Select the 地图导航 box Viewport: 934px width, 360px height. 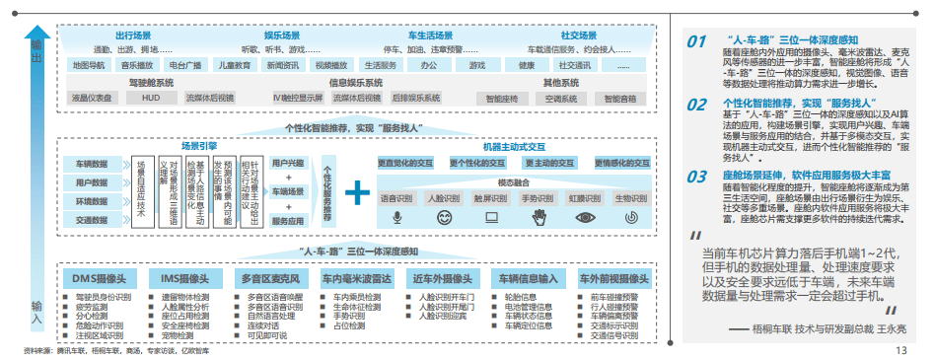point(90,65)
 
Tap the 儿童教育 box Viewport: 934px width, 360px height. point(232,65)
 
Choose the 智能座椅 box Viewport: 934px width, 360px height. point(503,99)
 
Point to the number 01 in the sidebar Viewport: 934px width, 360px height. point(697,41)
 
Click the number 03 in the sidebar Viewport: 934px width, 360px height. point(697,177)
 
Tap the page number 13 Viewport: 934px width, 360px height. point(900,350)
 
